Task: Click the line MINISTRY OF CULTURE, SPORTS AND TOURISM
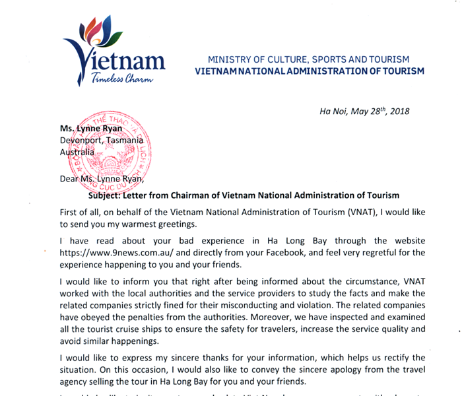click(309, 59)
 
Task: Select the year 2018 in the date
click(399, 111)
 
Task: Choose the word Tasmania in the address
click(126, 141)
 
